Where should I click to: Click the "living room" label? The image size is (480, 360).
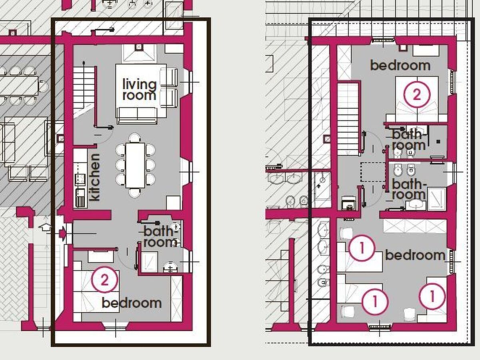point(140,90)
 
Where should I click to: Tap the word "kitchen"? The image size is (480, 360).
point(95,177)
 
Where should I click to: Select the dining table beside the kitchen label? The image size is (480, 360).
point(135,166)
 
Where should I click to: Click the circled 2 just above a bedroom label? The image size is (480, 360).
point(104,280)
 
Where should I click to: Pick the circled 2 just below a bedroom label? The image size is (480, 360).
point(416,95)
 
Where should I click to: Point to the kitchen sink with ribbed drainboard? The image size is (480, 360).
point(80,198)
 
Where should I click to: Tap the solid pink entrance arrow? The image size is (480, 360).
point(62,234)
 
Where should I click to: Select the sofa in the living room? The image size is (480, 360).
point(137,116)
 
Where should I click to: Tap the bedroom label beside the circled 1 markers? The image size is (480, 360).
point(415,255)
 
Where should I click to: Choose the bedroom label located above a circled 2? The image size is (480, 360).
point(400,65)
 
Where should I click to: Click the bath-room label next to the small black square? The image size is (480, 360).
point(409,140)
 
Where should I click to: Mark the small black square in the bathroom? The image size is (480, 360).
point(438,142)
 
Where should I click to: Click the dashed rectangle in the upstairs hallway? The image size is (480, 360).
point(373,172)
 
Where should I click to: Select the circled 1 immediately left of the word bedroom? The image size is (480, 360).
point(362,248)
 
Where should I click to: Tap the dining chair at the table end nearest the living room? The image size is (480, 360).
point(135,138)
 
